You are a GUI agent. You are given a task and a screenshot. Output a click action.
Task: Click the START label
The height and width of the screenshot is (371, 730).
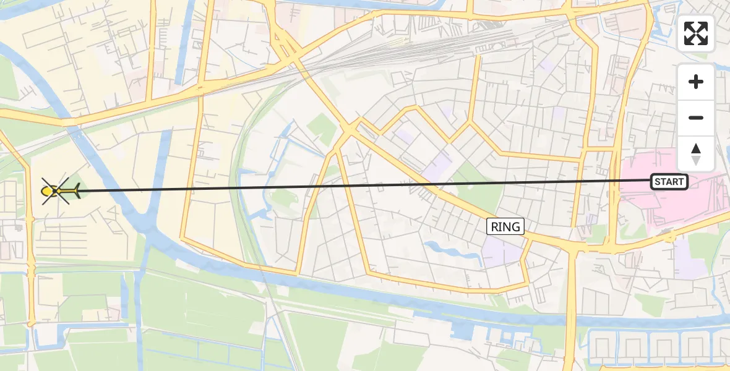[x=669, y=182]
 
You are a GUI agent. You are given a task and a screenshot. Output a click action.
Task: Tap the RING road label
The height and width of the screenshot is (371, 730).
[x=505, y=226]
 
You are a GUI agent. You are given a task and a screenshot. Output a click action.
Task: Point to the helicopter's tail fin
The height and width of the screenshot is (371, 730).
[x=75, y=192]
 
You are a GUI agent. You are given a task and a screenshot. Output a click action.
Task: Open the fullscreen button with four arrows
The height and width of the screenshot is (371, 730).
[x=696, y=33]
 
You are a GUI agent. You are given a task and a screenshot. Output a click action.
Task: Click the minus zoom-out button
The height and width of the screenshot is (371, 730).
[x=696, y=118]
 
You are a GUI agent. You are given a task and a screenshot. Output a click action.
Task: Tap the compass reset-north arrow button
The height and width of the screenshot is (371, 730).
[x=696, y=153]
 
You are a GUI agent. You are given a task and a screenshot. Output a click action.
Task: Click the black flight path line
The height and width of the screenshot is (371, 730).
[x=371, y=185]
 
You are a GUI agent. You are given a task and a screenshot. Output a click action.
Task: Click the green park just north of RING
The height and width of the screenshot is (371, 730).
[x=479, y=195]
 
